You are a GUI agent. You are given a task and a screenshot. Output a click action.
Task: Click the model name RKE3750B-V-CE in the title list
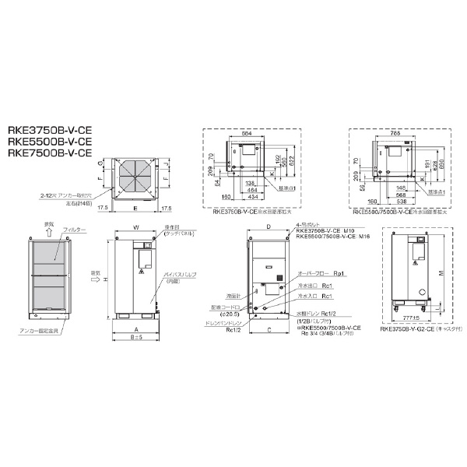click(x=48, y=131)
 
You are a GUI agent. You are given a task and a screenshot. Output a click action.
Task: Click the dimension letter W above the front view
click(x=135, y=228)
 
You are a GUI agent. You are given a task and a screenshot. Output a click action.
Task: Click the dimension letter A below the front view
click(x=135, y=329)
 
